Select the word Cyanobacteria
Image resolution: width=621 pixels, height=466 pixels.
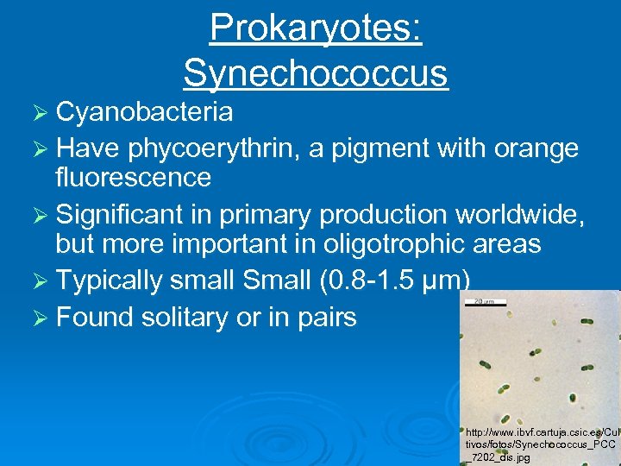pyautogui.click(x=144, y=111)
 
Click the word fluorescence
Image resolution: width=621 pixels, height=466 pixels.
pyautogui.click(x=133, y=178)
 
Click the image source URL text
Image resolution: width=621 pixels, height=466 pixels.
pyautogui.click(x=540, y=444)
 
